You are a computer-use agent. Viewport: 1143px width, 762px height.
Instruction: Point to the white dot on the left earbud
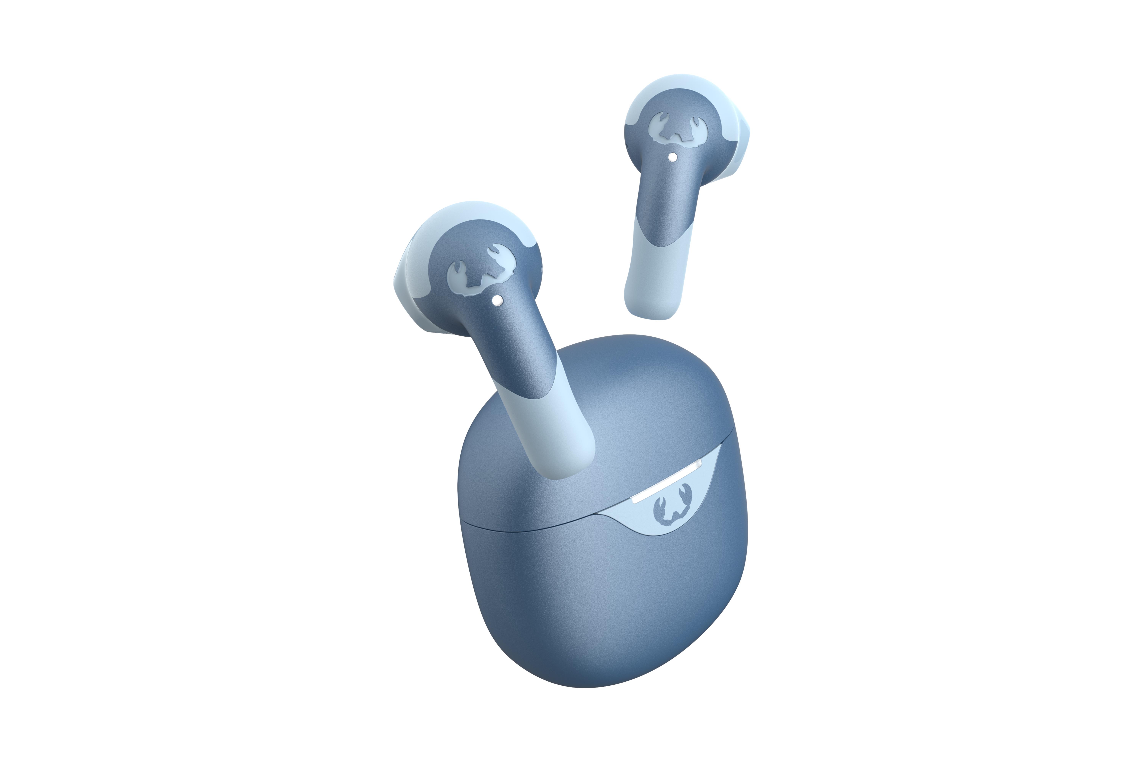tap(497, 301)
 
